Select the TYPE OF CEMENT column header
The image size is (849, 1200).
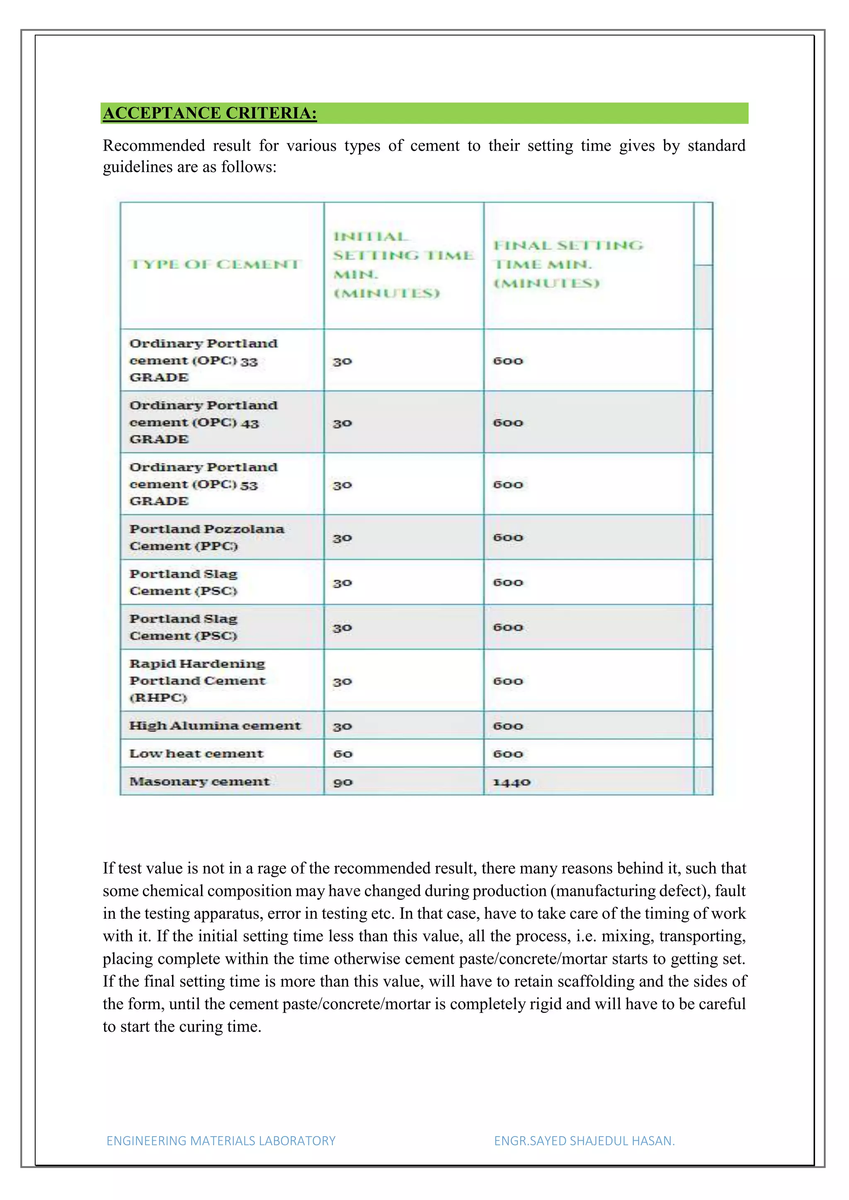(214, 264)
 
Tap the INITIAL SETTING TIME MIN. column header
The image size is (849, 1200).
(403, 264)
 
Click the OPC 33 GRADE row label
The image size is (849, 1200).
(204, 360)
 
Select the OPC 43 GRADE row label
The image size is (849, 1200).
(204, 422)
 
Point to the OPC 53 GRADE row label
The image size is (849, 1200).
(204, 484)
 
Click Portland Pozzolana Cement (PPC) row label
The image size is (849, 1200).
(206, 537)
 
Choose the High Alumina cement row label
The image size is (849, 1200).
(215, 726)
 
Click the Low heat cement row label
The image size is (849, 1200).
(196, 754)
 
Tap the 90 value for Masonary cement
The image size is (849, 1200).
(343, 782)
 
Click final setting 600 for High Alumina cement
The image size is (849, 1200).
(508, 726)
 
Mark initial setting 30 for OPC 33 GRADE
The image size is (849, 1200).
(342, 361)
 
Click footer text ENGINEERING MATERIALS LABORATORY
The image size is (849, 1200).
(221, 1141)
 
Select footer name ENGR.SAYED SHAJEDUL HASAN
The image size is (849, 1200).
(584, 1141)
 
